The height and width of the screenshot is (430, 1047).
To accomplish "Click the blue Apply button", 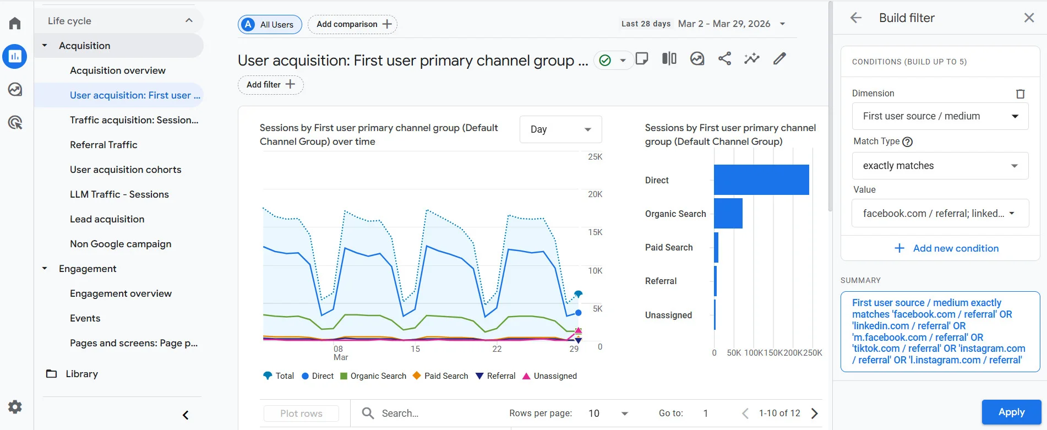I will tap(1011, 412).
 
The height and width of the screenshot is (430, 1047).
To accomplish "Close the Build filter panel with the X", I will tap(1028, 18).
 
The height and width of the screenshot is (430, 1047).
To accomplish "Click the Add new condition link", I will tap(946, 248).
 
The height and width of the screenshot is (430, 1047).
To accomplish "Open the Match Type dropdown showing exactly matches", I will tap(940, 166).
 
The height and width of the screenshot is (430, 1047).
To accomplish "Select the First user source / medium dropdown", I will tap(940, 116).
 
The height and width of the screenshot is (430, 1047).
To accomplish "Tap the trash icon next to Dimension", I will tap(1019, 94).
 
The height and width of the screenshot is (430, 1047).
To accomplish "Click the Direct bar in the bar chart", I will tap(761, 179).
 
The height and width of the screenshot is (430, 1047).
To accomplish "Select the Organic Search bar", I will tap(728, 214).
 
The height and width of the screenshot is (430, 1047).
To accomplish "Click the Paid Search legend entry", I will tap(440, 376).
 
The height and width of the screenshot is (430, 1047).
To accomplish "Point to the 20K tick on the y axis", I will tap(595, 194).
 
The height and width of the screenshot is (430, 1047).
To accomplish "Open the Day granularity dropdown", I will tap(560, 129).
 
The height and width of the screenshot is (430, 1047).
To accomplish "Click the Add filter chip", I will tap(270, 85).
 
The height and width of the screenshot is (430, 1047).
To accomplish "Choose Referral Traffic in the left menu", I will tap(103, 145).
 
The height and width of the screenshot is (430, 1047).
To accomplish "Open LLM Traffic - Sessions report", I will tap(119, 194).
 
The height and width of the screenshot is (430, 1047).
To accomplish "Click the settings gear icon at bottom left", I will tap(15, 407).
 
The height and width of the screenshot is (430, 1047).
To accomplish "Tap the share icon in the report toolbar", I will tap(724, 59).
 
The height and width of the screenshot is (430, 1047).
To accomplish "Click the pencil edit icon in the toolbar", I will tap(779, 59).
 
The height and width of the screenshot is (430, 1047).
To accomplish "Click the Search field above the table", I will tap(429, 413).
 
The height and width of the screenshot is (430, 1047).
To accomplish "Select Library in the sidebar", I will tap(81, 374).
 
